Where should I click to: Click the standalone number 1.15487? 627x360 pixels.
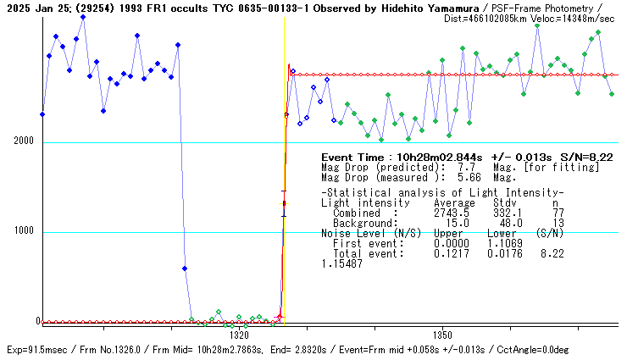click(341, 264)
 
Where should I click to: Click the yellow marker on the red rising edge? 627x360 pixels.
click(285, 203)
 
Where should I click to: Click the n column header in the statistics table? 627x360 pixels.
click(556, 203)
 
